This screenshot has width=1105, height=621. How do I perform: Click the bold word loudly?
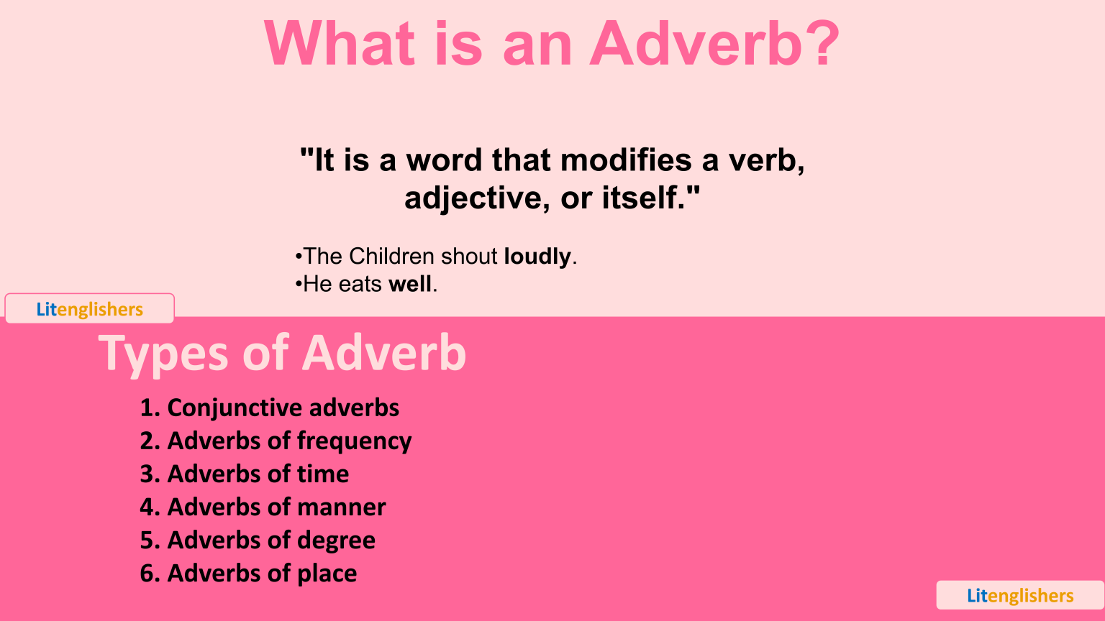537,257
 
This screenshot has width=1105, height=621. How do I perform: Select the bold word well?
410,285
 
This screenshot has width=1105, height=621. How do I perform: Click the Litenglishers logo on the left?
90,309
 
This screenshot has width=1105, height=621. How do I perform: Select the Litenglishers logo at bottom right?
1020,596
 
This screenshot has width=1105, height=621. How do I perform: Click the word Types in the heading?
164,354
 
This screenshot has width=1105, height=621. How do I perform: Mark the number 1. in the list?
150,408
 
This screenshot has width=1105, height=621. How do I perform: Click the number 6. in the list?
150,574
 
